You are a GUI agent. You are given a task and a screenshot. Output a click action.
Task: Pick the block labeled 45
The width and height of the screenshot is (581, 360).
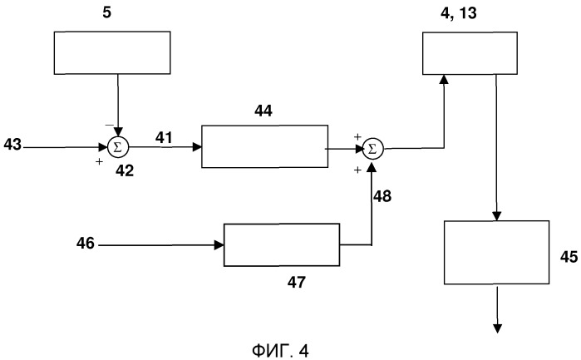pyautogui.click(x=496, y=253)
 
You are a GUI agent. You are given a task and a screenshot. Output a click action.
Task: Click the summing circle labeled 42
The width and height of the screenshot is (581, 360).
pyautogui.click(x=117, y=148)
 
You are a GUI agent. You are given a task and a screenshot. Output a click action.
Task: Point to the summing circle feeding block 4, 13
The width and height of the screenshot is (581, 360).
pyautogui.click(x=372, y=149)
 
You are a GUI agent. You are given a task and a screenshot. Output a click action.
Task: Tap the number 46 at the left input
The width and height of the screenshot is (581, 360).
pyautogui.click(x=86, y=244)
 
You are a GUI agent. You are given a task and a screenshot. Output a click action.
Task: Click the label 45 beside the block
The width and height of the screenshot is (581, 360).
pyautogui.click(x=568, y=257)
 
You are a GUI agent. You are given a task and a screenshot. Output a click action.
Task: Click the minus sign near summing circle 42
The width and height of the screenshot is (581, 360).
pyautogui.click(x=108, y=124)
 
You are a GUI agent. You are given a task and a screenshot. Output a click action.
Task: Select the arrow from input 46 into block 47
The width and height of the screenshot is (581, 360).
pyautogui.click(x=166, y=244)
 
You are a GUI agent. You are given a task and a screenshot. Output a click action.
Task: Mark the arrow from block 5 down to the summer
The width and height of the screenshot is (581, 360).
pyautogui.click(x=118, y=104)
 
